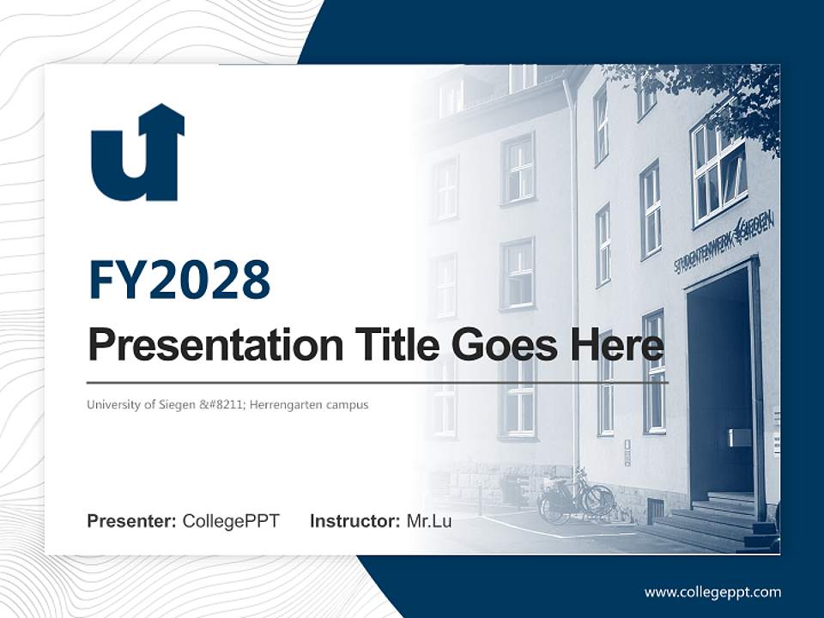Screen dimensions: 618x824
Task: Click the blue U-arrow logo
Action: [137, 154]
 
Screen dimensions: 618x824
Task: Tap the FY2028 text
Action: [179, 280]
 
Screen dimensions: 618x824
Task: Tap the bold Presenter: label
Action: [132, 521]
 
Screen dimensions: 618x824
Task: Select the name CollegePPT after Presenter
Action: [231, 521]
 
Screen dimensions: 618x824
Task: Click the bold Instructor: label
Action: [354, 521]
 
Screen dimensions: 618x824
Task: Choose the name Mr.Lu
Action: [429, 521]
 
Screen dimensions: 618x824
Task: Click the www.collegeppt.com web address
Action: [712, 592]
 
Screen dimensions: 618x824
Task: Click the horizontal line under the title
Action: [378, 382]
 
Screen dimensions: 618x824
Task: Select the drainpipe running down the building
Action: [573, 257]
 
